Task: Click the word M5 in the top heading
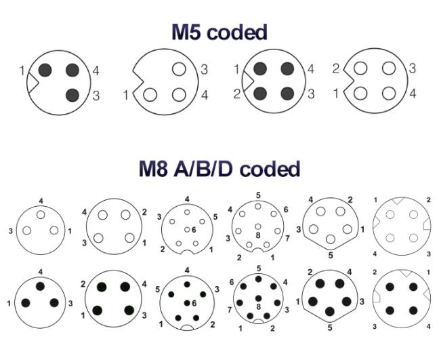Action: tap(186, 32)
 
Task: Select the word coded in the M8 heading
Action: tap(270, 169)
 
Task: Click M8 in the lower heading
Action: tap(153, 169)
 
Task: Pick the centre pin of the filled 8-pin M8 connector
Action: tap(258, 298)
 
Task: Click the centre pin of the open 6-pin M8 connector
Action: tap(187, 230)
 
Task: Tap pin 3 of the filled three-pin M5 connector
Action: tap(72, 95)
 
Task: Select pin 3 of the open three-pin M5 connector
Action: tap(179, 69)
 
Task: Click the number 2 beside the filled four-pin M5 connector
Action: tap(237, 94)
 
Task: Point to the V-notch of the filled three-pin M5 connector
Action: tap(33, 83)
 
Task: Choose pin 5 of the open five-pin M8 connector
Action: tap(331, 239)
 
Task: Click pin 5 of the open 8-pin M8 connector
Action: tap(258, 207)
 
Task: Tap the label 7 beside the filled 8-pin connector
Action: tap(230, 310)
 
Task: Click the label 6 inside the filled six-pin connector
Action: tap(194, 303)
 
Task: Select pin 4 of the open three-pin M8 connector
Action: tap(41, 215)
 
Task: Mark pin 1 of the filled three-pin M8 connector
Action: tap(26, 303)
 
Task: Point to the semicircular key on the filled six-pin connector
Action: tap(187, 327)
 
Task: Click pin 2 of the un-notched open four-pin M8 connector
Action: tap(125, 215)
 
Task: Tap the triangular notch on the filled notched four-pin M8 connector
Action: tap(405, 273)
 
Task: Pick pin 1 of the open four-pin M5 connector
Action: tap(360, 94)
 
